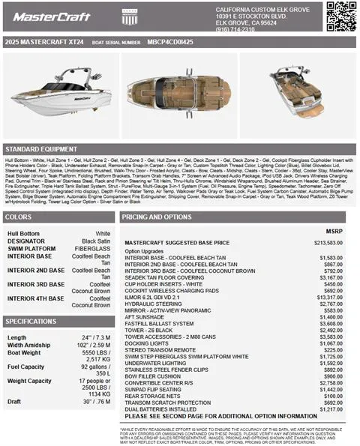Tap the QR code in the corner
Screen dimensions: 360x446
(x=340, y=16)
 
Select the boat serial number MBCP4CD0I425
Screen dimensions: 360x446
(x=170, y=43)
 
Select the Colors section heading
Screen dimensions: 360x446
(x=19, y=217)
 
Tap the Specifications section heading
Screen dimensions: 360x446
(x=31, y=321)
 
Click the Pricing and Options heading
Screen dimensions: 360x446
(x=158, y=217)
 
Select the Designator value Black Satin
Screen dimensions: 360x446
(x=95, y=241)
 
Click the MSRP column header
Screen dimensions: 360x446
(x=334, y=232)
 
